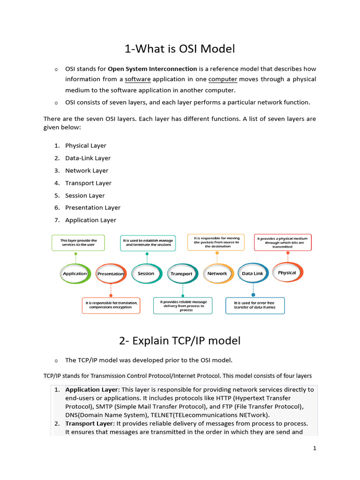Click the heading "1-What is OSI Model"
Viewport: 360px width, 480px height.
(180, 49)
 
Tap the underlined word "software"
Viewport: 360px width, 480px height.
(137, 79)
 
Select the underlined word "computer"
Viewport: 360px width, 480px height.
(223, 79)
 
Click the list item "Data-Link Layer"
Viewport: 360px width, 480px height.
(88, 158)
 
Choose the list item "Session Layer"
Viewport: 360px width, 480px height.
(85, 195)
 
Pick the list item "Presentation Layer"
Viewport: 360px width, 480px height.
(93, 208)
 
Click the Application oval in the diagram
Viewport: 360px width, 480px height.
(75, 273)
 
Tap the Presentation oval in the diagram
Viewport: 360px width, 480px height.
(111, 274)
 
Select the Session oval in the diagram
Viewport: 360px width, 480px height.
(146, 273)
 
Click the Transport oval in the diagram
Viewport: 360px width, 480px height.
(181, 274)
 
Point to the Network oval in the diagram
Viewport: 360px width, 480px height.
(217, 273)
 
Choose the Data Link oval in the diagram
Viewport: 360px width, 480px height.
(253, 273)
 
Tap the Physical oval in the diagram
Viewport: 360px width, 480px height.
(287, 272)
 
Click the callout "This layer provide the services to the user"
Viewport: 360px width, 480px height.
(78, 242)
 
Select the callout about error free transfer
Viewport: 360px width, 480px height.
(255, 305)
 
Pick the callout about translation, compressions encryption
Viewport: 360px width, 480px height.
(112, 305)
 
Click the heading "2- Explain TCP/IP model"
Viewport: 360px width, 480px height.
(180, 341)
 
